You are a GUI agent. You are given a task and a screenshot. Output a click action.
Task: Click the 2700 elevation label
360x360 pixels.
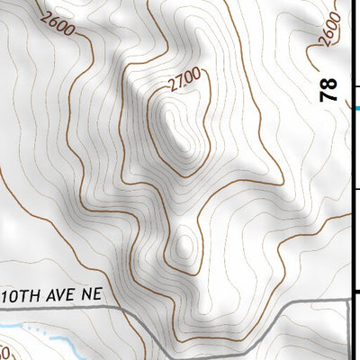click(184, 83)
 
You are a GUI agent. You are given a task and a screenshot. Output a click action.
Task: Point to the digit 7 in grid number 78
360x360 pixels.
click(329, 94)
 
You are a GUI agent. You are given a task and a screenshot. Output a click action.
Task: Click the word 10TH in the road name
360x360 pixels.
click(23, 295)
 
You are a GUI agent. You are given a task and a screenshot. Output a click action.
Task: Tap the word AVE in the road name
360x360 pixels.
click(62, 295)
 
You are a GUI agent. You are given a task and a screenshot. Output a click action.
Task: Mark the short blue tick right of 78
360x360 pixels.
click(356, 109)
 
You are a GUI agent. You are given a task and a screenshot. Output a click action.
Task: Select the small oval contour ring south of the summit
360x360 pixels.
click(183, 243)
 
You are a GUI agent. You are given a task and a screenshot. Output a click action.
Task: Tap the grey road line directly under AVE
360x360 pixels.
click(62, 309)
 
